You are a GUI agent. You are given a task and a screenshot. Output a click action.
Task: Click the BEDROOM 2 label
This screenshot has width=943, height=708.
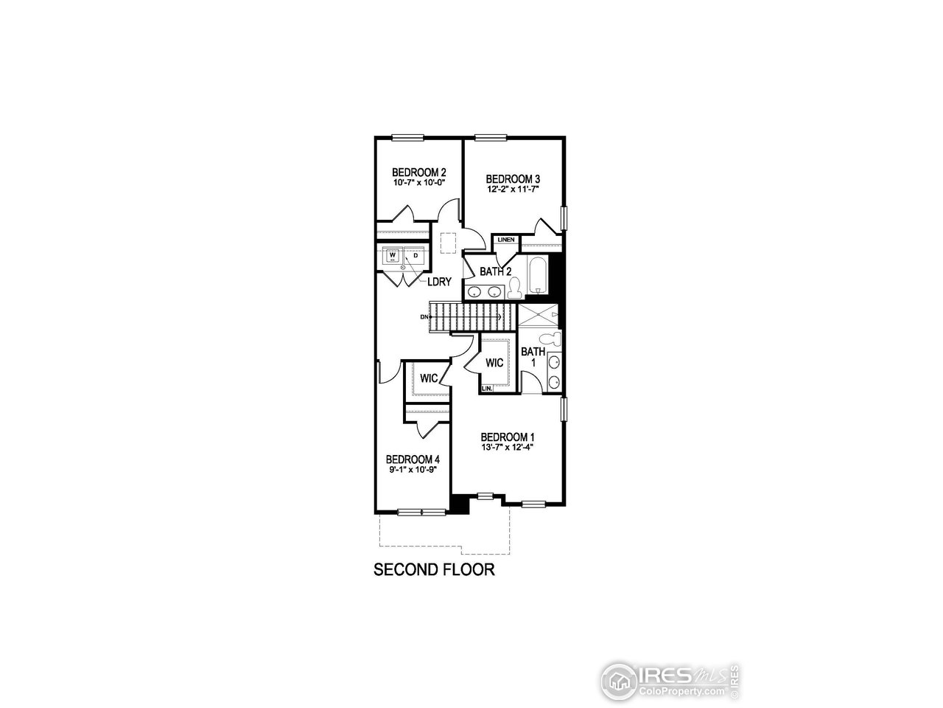click(419, 173)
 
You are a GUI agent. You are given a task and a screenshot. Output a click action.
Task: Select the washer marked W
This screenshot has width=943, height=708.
click(393, 257)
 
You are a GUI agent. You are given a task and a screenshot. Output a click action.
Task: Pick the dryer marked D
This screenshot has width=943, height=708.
click(415, 257)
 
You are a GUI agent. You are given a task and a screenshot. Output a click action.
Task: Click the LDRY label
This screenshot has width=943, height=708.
click(439, 281)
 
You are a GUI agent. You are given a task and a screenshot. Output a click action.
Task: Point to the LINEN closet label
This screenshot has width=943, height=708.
click(505, 240)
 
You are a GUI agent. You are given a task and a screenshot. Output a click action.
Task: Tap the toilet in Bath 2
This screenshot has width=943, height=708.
click(515, 287)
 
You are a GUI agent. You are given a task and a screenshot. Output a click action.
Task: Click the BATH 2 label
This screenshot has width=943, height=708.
click(495, 271)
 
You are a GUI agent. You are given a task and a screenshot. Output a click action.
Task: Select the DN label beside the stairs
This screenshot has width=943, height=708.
click(424, 317)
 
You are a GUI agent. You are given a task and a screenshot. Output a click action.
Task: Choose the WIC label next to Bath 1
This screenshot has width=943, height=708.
click(494, 363)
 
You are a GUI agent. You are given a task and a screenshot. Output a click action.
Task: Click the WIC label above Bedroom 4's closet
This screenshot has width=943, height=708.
click(429, 378)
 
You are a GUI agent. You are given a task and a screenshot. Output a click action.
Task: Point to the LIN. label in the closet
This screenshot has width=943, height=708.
click(486, 388)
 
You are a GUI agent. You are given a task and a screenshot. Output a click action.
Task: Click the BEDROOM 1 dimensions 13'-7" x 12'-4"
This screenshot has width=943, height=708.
click(507, 446)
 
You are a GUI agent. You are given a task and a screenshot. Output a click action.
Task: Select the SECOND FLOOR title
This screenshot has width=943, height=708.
click(433, 569)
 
